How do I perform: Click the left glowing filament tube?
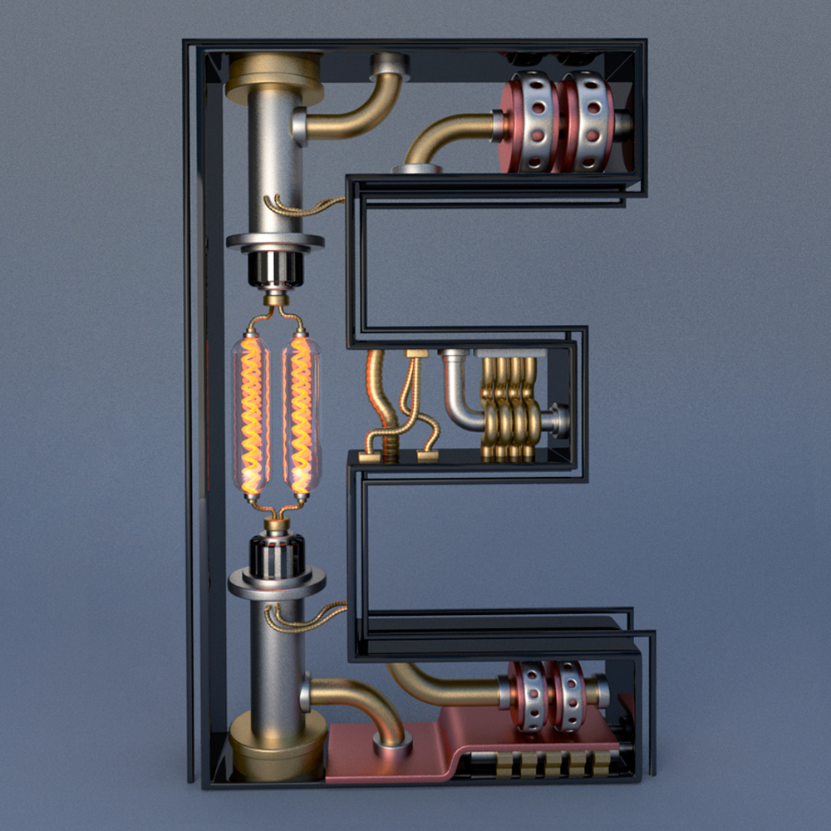click(x=251, y=415)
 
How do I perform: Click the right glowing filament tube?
click(x=302, y=415)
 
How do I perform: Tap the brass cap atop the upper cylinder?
click(x=274, y=78)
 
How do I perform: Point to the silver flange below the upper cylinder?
click(x=275, y=243)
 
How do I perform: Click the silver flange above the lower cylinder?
click(x=278, y=582)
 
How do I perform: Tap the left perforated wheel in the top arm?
click(x=530, y=122)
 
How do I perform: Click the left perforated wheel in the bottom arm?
click(x=528, y=696)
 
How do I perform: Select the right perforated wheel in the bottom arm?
click(x=567, y=696)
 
